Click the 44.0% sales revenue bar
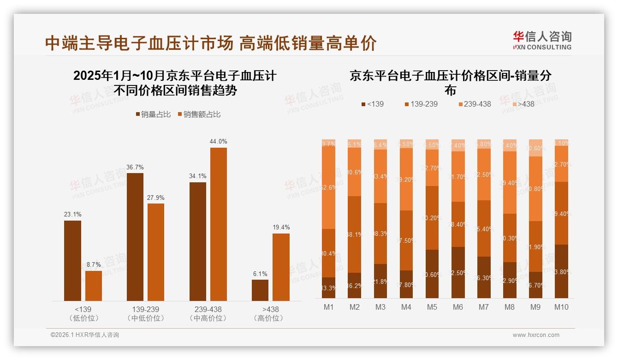point(219,224)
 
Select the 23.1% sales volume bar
point(72,261)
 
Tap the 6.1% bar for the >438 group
point(260,290)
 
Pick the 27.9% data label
point(156,198)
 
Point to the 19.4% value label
point(281,227)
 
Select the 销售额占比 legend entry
point(199,114)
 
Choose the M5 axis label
point(432,307)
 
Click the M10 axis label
point(561,307)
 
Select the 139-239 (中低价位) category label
point(145,313)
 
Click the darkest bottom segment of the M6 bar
point(458,272)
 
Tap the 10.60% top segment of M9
point(535,148)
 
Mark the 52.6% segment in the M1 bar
point(329,188)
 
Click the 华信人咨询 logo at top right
point(542,40)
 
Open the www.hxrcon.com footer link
point(535,335)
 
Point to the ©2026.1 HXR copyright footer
point(85,335)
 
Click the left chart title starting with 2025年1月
point(175,83)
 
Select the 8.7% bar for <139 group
point(94,286)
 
